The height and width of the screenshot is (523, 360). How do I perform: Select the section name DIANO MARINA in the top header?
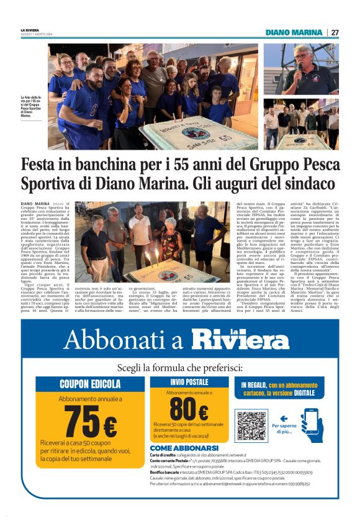click(294, 32)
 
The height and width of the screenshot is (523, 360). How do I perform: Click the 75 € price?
click(91, 422)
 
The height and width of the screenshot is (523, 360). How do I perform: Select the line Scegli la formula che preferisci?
click(179, 367)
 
